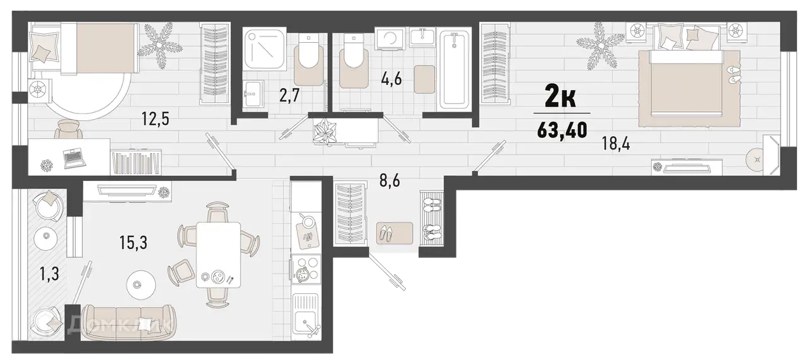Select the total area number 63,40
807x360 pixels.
coord(562,131)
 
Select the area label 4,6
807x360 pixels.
coord(391,80)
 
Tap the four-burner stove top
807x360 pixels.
coord(305,269)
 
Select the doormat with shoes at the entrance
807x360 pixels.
coord(395,233)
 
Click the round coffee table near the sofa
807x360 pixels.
coord(140,284)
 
